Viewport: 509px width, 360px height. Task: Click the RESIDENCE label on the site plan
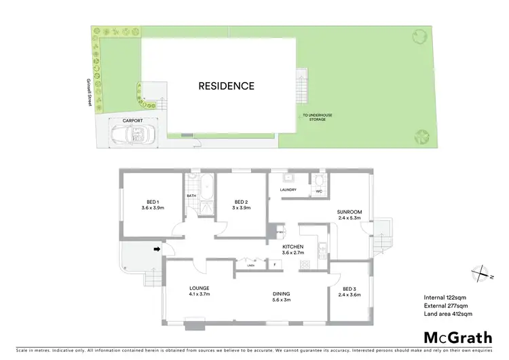226,86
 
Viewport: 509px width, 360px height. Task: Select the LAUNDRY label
288,190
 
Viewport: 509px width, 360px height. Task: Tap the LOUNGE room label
200,291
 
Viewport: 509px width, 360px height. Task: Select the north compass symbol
481,274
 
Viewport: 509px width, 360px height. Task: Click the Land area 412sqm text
447,314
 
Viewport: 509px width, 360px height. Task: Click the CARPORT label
132,120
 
